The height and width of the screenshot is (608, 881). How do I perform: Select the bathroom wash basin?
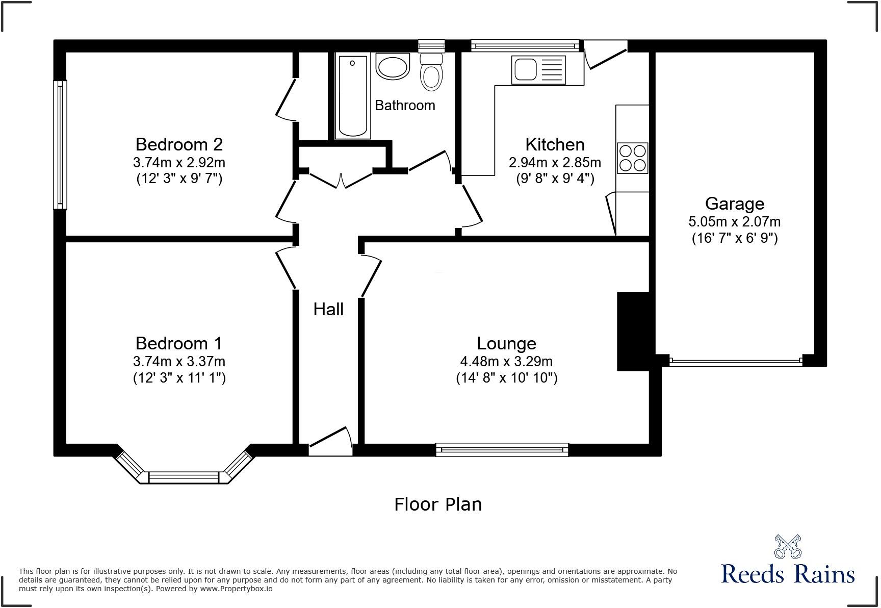point(393,67)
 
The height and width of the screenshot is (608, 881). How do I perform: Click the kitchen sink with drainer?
point(539,70)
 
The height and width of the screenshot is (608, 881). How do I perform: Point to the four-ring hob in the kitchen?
point(632,158)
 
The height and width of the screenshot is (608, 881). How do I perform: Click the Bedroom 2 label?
point(179,144)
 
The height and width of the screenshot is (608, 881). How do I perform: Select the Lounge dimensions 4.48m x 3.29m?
point(506,362)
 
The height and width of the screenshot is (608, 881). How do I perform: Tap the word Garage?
point(734,204)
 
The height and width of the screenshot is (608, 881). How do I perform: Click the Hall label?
point(328,309)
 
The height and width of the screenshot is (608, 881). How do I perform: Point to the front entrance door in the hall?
point(330,442)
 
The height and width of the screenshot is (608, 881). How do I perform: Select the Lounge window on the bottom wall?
point(502,449)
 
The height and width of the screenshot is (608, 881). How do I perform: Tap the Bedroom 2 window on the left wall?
point(60,145)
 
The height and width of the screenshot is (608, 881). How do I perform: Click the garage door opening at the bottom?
point(735,362)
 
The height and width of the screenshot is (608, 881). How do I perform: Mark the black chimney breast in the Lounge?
point(633,331)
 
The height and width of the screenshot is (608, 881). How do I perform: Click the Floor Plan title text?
point(438,504)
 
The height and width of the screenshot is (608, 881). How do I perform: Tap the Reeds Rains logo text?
point(788,574)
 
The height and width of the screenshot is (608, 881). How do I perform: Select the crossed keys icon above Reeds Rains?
point(788,546)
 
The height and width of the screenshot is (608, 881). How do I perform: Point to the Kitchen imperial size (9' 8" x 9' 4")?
point(555,179)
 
